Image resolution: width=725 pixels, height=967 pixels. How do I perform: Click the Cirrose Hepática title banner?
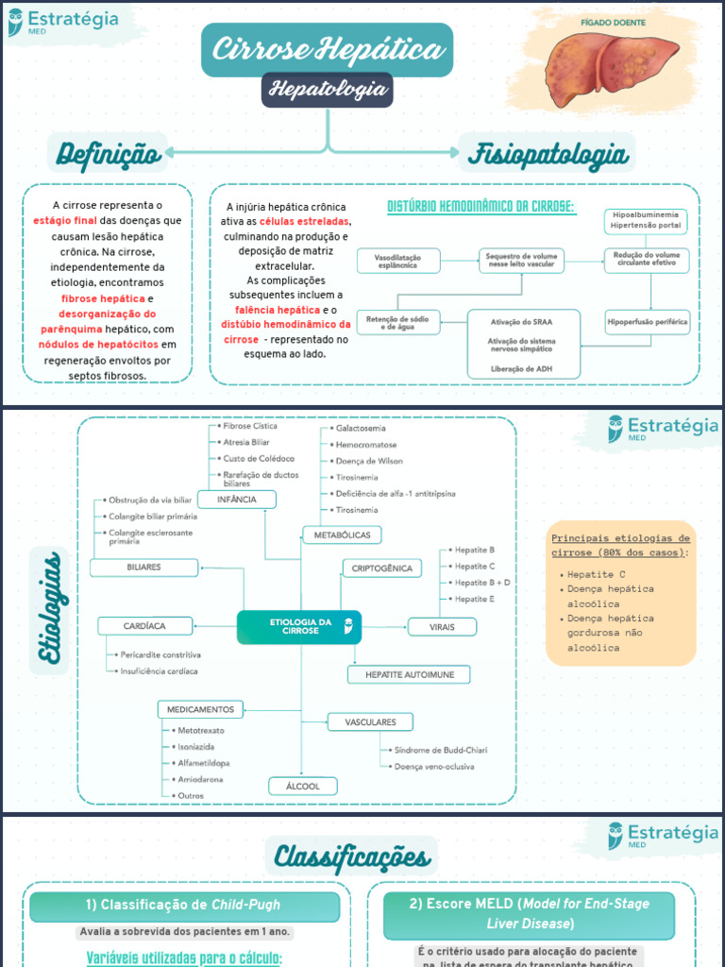pyautogui.click(x=327, y=50)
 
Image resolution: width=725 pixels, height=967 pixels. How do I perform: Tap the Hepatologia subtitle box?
pyautogui.click(x=327, y=90)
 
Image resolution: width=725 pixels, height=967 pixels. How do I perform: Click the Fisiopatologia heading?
pyautogui.click(x=547, y=154)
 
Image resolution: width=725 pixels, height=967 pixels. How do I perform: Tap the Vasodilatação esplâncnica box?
pyautogui.click(x=397, y=260)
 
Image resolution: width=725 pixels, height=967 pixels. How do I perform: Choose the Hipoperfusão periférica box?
pyautogui.click(x=647, y=322)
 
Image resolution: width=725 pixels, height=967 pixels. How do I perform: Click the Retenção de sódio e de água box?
pyautogui.click(x=397, y=323)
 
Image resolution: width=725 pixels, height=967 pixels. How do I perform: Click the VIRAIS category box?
pyautogui.click(x=442, y=626)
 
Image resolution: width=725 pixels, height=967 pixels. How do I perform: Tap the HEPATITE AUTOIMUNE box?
pyautogui.click(x=409, y=674)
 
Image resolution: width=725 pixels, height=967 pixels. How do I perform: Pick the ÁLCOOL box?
pyautogui.click(x=302, y=786)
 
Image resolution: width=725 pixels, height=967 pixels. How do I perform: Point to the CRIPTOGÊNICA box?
pyautogui.click(x=381, y=568)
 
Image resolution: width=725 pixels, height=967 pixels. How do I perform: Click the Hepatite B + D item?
pyautogui.click(x=481, y=583)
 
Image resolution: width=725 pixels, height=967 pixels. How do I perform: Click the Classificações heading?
pyautogui.click(x=351, y=857)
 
